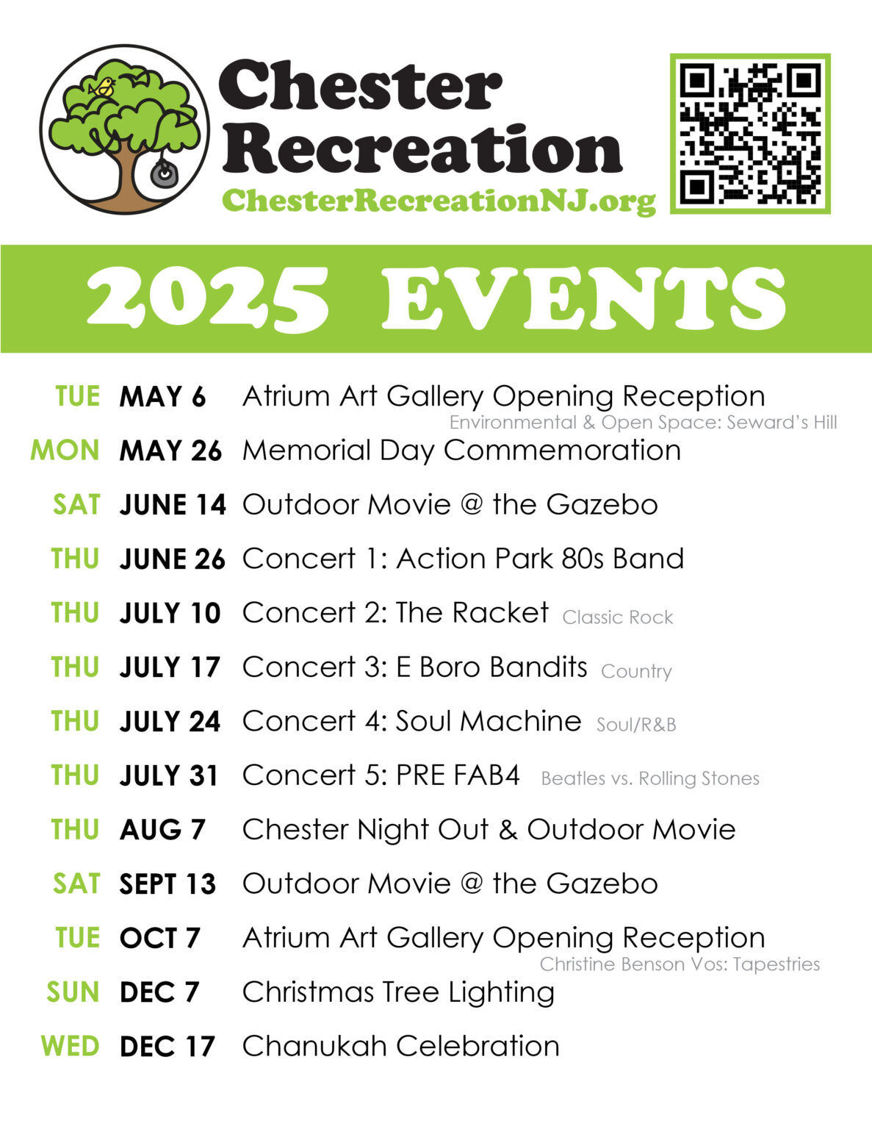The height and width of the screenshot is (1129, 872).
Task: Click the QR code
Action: [750, 134]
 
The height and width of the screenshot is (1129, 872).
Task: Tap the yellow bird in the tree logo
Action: [103, 87]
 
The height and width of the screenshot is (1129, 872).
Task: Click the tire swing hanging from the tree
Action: [163, 173]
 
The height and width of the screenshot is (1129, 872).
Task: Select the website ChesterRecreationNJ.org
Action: [438, 200]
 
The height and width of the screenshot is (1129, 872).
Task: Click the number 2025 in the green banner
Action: [208, 298]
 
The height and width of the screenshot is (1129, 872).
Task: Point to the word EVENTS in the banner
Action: [583, 298]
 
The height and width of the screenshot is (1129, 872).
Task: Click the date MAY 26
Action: [170, 451]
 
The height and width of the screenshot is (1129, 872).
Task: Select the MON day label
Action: [65, 451]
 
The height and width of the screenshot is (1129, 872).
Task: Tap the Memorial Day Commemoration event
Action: [461, 451]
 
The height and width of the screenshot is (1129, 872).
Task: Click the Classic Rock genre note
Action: [617, 617]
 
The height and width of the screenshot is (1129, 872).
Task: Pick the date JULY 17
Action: [170, 667]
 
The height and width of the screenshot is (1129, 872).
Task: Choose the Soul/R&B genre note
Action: [635, 725]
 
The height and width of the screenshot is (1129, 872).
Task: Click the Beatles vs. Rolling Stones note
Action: [650, 779]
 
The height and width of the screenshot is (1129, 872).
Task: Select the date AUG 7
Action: [162, 830]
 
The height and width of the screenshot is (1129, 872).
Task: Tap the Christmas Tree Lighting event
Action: [398, 992]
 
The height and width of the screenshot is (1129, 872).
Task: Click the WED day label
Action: [70, 1046]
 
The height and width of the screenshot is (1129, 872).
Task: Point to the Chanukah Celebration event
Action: [400, 1046]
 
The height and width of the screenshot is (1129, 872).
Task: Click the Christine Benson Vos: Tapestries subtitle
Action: [680, 964]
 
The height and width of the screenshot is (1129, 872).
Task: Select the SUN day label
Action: [73, 992]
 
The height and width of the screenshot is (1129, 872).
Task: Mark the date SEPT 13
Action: [167, 884]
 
